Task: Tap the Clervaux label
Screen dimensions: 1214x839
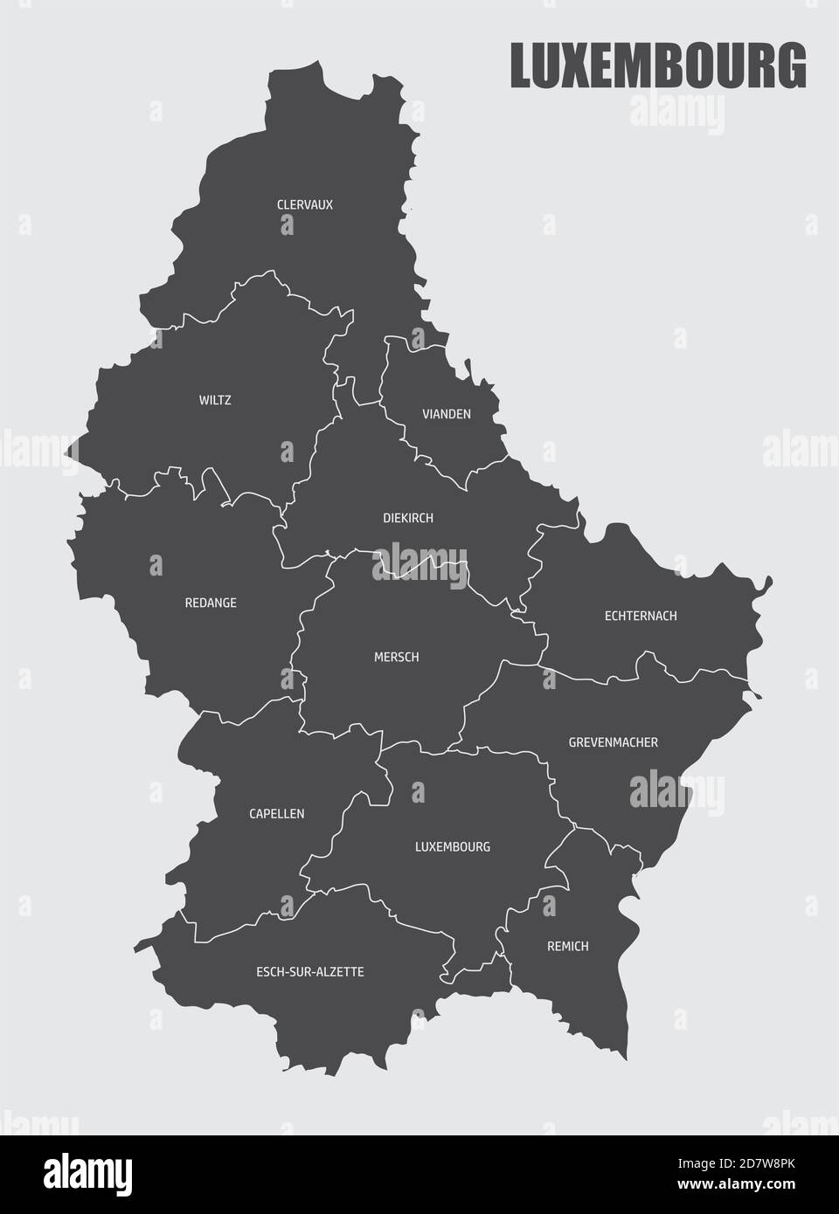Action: (304, 205)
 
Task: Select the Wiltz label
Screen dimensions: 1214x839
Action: (215, 401)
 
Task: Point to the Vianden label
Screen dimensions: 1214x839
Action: (446, 414)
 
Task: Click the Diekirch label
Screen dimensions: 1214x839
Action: (407, 518)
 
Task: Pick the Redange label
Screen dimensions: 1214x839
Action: (211, 603)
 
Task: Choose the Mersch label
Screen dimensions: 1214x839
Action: (396, 657)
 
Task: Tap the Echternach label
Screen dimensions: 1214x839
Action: (641, 616)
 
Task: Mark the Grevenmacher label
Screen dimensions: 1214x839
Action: (613, 742)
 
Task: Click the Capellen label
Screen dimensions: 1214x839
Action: (276, 813)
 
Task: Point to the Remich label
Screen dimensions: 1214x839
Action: (567, 946)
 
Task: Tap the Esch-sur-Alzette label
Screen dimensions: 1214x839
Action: (309, 971)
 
